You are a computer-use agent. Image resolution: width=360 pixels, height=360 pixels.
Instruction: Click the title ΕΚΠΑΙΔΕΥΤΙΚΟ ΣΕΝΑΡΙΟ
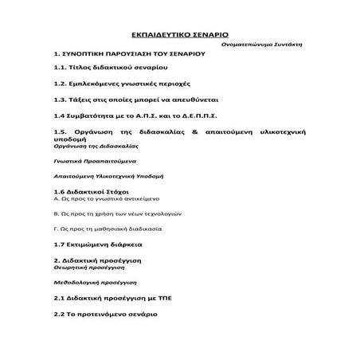coord(179,37)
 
